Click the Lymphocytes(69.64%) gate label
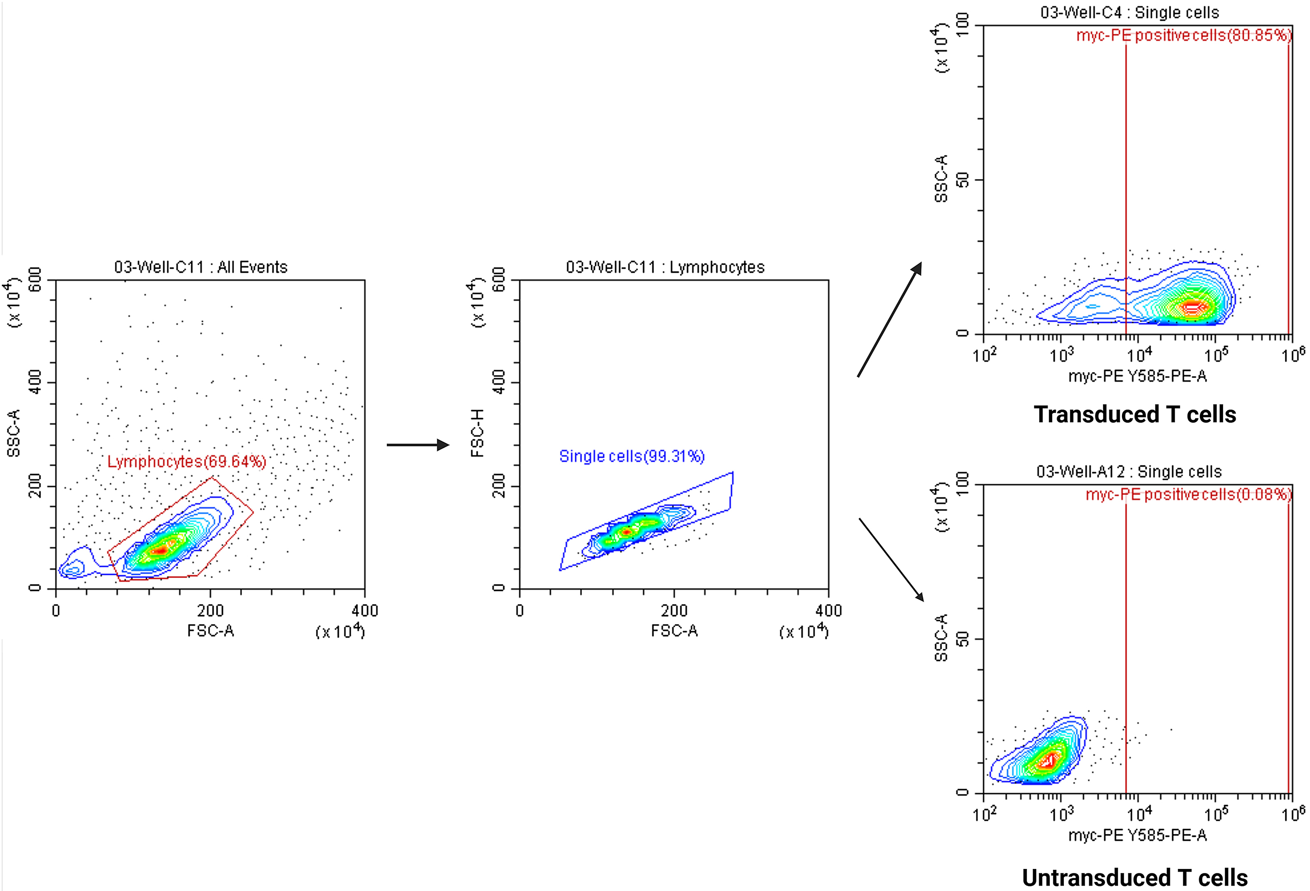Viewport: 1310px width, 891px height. [187, 462]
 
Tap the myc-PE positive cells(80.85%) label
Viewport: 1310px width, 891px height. [1184, 36]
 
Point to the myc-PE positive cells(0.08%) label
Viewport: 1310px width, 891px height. [1188, 495]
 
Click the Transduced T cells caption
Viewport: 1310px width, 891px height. [1134, 414]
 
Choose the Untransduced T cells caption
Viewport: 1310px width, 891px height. [1134, 877]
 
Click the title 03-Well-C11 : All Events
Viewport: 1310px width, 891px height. [201, 267]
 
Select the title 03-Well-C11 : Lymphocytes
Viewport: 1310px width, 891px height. [665, 267]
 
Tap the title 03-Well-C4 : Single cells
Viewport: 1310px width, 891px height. [1129, 13]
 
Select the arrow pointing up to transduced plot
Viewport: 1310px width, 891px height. [889, 319]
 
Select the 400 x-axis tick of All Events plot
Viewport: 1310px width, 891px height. [365, 611]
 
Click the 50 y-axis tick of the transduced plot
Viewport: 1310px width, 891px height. [963, 180]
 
